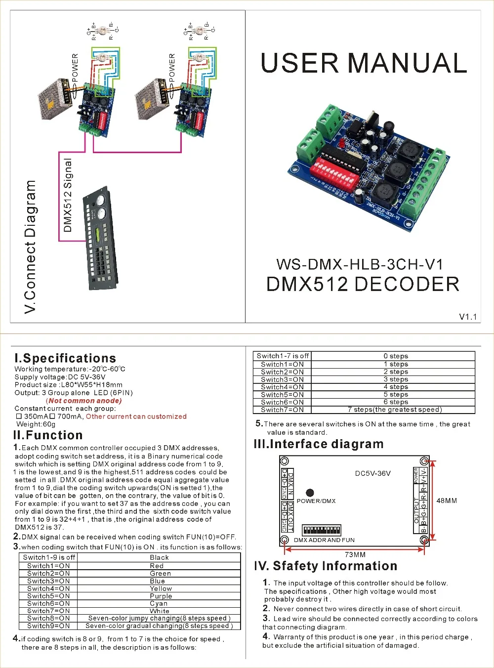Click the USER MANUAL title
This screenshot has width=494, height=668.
pyautogui.click(x=364, y=63)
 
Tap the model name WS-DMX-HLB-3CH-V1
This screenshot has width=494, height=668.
pyautogui.click(x=360, y=264)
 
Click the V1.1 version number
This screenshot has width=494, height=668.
pyautogui.click(x=467, y=317)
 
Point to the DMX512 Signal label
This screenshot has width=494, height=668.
pyautogui.click(x=68, y=195)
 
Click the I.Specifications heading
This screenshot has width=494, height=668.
pyautogui.click(x=65, y=358)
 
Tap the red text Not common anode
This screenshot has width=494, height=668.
pyautogui.click(x=83, y=401)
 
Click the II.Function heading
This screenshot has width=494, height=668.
pyautogui.click(x=48, y=435)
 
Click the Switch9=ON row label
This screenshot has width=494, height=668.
pyautogui.click(x=48, y=626)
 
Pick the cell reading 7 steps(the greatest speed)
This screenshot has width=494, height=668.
pyautogui.click(x=395, y=410)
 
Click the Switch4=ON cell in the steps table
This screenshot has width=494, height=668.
pyautogui.click(x=282, y=387)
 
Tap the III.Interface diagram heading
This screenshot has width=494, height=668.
pyautogui.click(x=318, y=444)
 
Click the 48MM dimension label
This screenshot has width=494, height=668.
pyautogui.click(x=447, y=501)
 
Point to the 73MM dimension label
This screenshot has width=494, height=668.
pyautogui.click(x=355, y=554)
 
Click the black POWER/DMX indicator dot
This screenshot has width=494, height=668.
pyautogui.click(x=310, y=493)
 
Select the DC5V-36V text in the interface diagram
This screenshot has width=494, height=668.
pyautogui.click(x=372, y=473)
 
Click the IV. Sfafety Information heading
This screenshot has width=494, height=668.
pyautogui.click(x=326, y=566)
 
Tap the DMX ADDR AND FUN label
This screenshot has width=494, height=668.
pyautogui.click(x=324, y=540)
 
